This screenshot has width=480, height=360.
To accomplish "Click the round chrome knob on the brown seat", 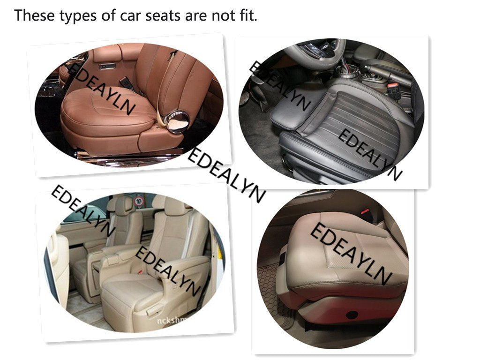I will [178, 121].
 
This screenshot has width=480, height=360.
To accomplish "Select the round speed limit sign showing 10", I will [139, 202].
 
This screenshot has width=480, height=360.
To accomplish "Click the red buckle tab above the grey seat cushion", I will [365, 211].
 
